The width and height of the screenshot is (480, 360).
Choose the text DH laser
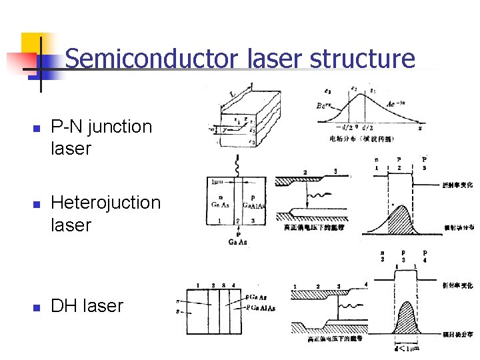tap(87, 306)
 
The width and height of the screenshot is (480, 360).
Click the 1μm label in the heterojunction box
tap(218, 181)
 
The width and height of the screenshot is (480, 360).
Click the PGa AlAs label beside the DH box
tap(261, 308)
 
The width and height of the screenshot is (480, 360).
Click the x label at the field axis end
tap(420, 128)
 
